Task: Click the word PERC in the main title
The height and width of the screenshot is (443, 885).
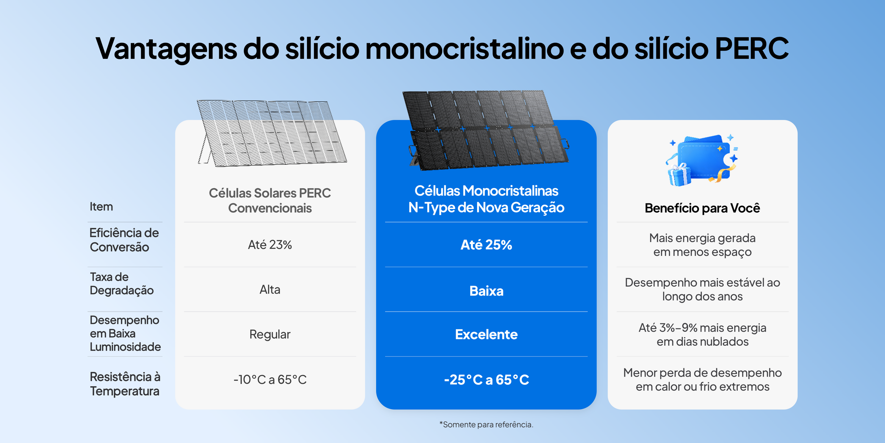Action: click(x=752, y=48)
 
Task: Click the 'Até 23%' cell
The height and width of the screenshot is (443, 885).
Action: click(x=270, y=245)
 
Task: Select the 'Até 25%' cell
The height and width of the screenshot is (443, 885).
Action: click(x=486, y=245)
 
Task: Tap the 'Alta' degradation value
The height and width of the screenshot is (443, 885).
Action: click(x=270, y=289)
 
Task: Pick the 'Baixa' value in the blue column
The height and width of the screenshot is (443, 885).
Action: click(x=486, y=291)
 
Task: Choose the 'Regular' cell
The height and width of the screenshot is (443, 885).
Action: click(x=270, y=334)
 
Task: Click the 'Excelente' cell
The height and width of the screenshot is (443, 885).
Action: click(x=486, y=334)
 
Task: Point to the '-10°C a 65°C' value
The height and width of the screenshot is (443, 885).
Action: click(x=270, y=379)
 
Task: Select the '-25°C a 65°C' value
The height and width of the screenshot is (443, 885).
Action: click(x=486, y=380)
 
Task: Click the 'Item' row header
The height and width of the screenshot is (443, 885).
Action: click(x=101, y=207)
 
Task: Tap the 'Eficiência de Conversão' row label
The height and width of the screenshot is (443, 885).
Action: click(x=124, y=240)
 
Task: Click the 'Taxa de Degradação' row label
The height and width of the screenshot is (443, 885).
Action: click(x=122, y=283)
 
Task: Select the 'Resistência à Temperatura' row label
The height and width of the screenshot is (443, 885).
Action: click(x=125, y=384)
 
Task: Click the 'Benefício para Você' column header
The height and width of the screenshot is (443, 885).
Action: click(x=702, y=208)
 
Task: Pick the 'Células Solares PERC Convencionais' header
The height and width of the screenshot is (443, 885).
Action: click(x=270, y=200)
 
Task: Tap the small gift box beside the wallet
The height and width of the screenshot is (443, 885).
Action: click(x=679, y=175)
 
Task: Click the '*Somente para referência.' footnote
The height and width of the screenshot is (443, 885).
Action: click(x=486, y=424)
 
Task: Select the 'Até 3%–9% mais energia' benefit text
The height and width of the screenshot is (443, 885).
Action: click(x=702, y=328)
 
